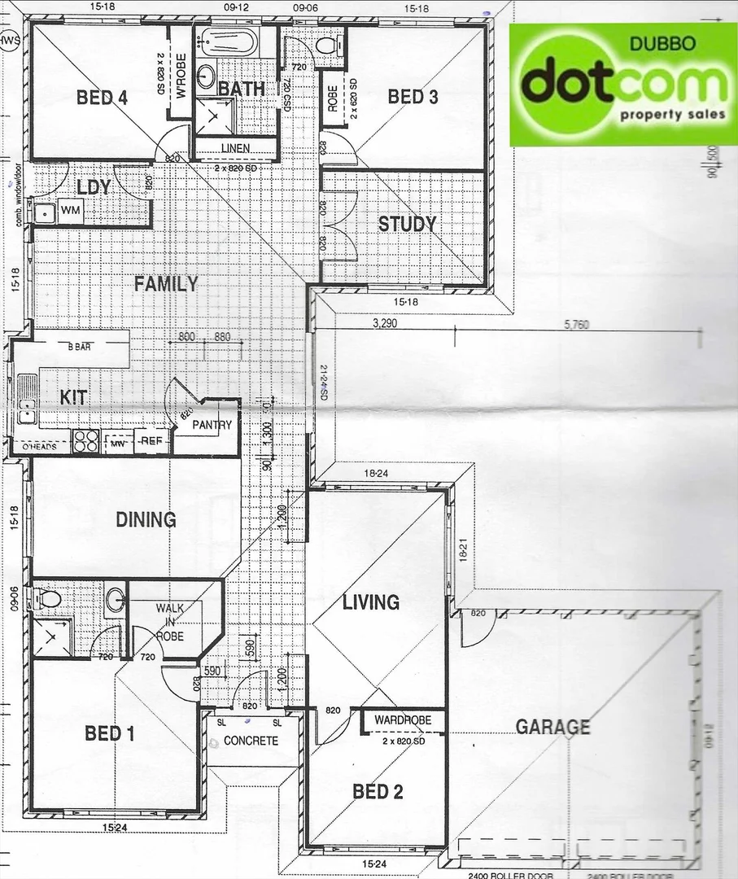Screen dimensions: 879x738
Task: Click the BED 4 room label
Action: click(x=102, y=98)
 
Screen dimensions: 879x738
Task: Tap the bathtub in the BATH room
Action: click(x=229, y=42)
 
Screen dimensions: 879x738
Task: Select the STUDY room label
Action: click(x=407, y=224)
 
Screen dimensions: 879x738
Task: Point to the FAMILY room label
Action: click(x=166, y=284)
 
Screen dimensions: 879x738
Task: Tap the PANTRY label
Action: click(x=212, y=425)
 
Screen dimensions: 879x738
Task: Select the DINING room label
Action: click(x=146, y=519)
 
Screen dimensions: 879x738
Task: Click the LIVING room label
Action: click(x=370, y=602)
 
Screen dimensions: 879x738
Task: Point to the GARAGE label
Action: click(x=552, y=727)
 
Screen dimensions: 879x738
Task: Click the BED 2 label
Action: click(x=377, y=791)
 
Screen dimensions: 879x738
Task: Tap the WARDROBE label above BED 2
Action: click(x=403, y=720)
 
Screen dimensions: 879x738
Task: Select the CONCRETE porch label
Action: click(x=251, y=741)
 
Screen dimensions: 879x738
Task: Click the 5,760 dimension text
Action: click(x=575, y=325)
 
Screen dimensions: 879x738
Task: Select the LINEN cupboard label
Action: click(x=234, y=148)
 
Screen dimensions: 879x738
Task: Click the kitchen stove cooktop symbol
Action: click(x=86, y=441)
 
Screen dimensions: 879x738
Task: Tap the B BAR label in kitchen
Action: click(x=80, y=347)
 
